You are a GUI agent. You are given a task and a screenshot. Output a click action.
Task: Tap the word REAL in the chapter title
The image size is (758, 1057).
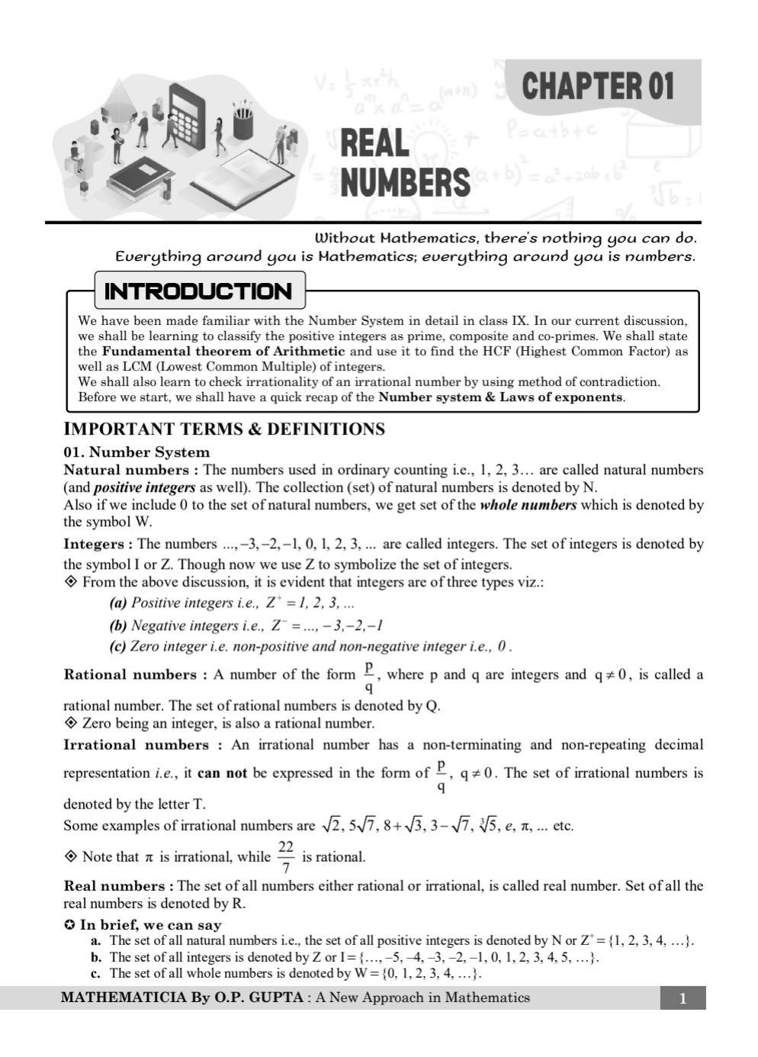click(374, 144)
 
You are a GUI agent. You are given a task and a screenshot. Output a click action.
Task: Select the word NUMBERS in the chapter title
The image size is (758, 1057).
click(405, 183)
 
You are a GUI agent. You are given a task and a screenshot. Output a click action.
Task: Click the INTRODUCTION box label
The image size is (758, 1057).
click(198, 291)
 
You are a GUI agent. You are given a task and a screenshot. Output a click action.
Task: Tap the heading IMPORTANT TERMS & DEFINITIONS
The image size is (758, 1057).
click(224, 429)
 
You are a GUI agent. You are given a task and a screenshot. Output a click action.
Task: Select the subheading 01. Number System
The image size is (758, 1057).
click(136, 451)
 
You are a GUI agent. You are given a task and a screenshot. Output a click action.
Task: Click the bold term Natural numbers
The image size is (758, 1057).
click(126, 470)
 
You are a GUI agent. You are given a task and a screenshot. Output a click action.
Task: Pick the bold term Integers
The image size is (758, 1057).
click(95, 544)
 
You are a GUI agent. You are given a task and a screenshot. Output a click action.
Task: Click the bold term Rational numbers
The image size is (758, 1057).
click(130, 674)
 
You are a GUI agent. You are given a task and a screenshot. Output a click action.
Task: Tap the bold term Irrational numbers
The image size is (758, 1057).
click(136, 744)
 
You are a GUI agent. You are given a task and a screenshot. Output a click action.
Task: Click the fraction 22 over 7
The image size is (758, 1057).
click(286, 856)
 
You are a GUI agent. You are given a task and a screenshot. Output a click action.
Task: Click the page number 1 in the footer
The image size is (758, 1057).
click(683, 998)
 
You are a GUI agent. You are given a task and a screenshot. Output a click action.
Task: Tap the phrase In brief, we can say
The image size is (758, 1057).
click(150, 925)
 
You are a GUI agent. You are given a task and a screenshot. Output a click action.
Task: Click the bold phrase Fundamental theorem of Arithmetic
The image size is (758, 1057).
click(223, 352)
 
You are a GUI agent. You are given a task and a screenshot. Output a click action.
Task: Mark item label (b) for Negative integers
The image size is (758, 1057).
click(118, 625)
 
